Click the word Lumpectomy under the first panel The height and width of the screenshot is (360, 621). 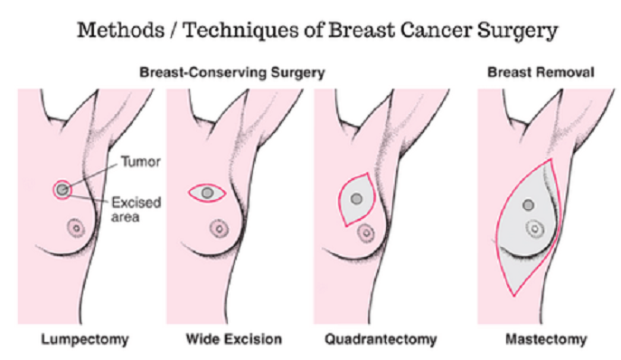click(85, 340)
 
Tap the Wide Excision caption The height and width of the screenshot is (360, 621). click(234, 339)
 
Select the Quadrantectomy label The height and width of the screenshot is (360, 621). click(381, 340)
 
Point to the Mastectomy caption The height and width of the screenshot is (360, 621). click(546, 340)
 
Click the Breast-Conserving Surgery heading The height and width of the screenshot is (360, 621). click(232, 72)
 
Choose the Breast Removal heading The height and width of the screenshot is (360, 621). click(541, 72)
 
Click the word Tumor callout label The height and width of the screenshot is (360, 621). click(141, 161)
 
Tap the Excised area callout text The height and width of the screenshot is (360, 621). click(136, 209)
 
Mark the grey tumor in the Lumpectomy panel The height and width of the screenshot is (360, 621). click(62, 190)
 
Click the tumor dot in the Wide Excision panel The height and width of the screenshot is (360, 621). click(208, 193)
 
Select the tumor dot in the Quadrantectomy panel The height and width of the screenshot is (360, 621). click(356, 199)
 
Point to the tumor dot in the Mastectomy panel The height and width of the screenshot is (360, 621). click(528, 205)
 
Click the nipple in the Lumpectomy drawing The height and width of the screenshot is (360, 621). click(76, 228)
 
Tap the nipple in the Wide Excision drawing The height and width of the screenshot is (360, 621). click(219, 229)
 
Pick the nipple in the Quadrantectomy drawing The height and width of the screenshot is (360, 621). click(366, 232)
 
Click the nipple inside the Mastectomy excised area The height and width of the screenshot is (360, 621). click(535, 229)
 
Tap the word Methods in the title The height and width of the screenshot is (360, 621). click(121, 30)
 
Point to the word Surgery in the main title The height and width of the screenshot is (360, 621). click(518, 32)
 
